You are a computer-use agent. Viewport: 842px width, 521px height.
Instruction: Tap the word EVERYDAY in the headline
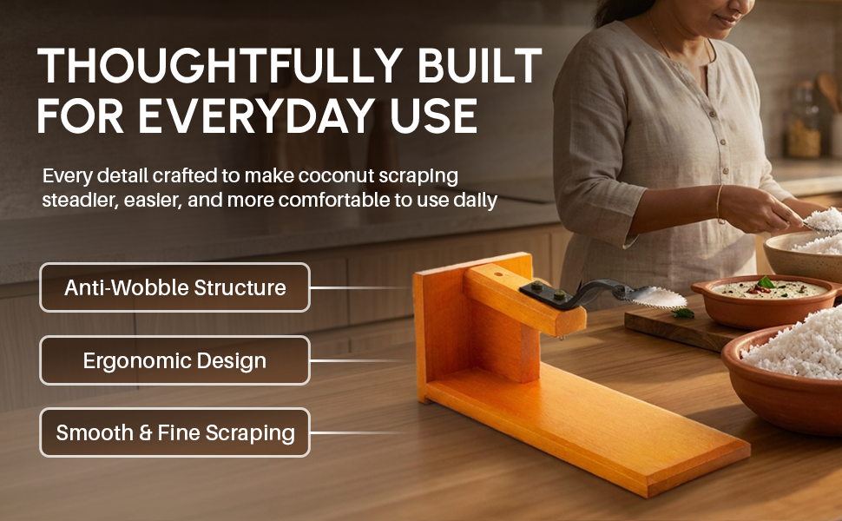point(257,115)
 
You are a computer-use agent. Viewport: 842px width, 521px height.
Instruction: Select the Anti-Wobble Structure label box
point(174,287)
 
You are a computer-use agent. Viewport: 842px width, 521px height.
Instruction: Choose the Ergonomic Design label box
point(174,360)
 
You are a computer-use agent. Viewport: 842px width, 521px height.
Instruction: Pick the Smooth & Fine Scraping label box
point(174,432)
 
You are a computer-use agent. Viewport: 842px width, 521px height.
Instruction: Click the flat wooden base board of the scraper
point(585,430)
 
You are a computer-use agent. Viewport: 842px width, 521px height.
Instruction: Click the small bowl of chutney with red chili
point(766,300)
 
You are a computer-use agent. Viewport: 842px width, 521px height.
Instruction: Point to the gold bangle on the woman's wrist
point(720,203)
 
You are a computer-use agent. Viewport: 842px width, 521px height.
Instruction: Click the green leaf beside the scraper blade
point(682,313)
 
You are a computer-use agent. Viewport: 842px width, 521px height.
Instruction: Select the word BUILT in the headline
point(479,65)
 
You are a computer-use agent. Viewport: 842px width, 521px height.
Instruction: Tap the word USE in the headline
point(434,115)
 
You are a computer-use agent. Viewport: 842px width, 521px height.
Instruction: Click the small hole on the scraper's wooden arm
point(497,274)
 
